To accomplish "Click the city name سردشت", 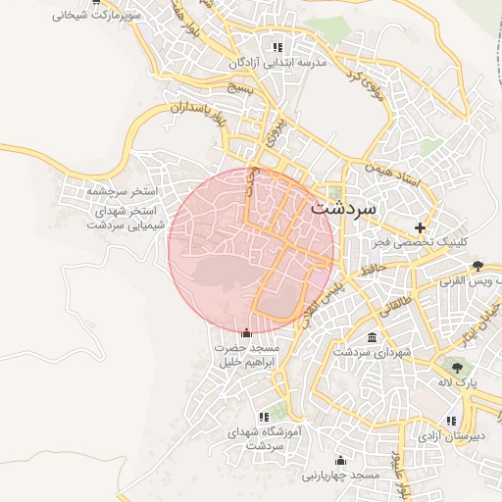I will point(342,209).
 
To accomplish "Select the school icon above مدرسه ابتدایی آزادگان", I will point(277,47).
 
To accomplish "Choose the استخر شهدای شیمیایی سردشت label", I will point(127,218).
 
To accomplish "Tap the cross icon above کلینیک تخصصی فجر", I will point(421,226).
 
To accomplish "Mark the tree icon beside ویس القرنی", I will point(477,265).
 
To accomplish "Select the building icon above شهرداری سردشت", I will point(371,337).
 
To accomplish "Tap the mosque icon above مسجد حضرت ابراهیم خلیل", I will point(245,333).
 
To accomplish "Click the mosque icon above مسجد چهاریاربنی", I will point(340,460).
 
